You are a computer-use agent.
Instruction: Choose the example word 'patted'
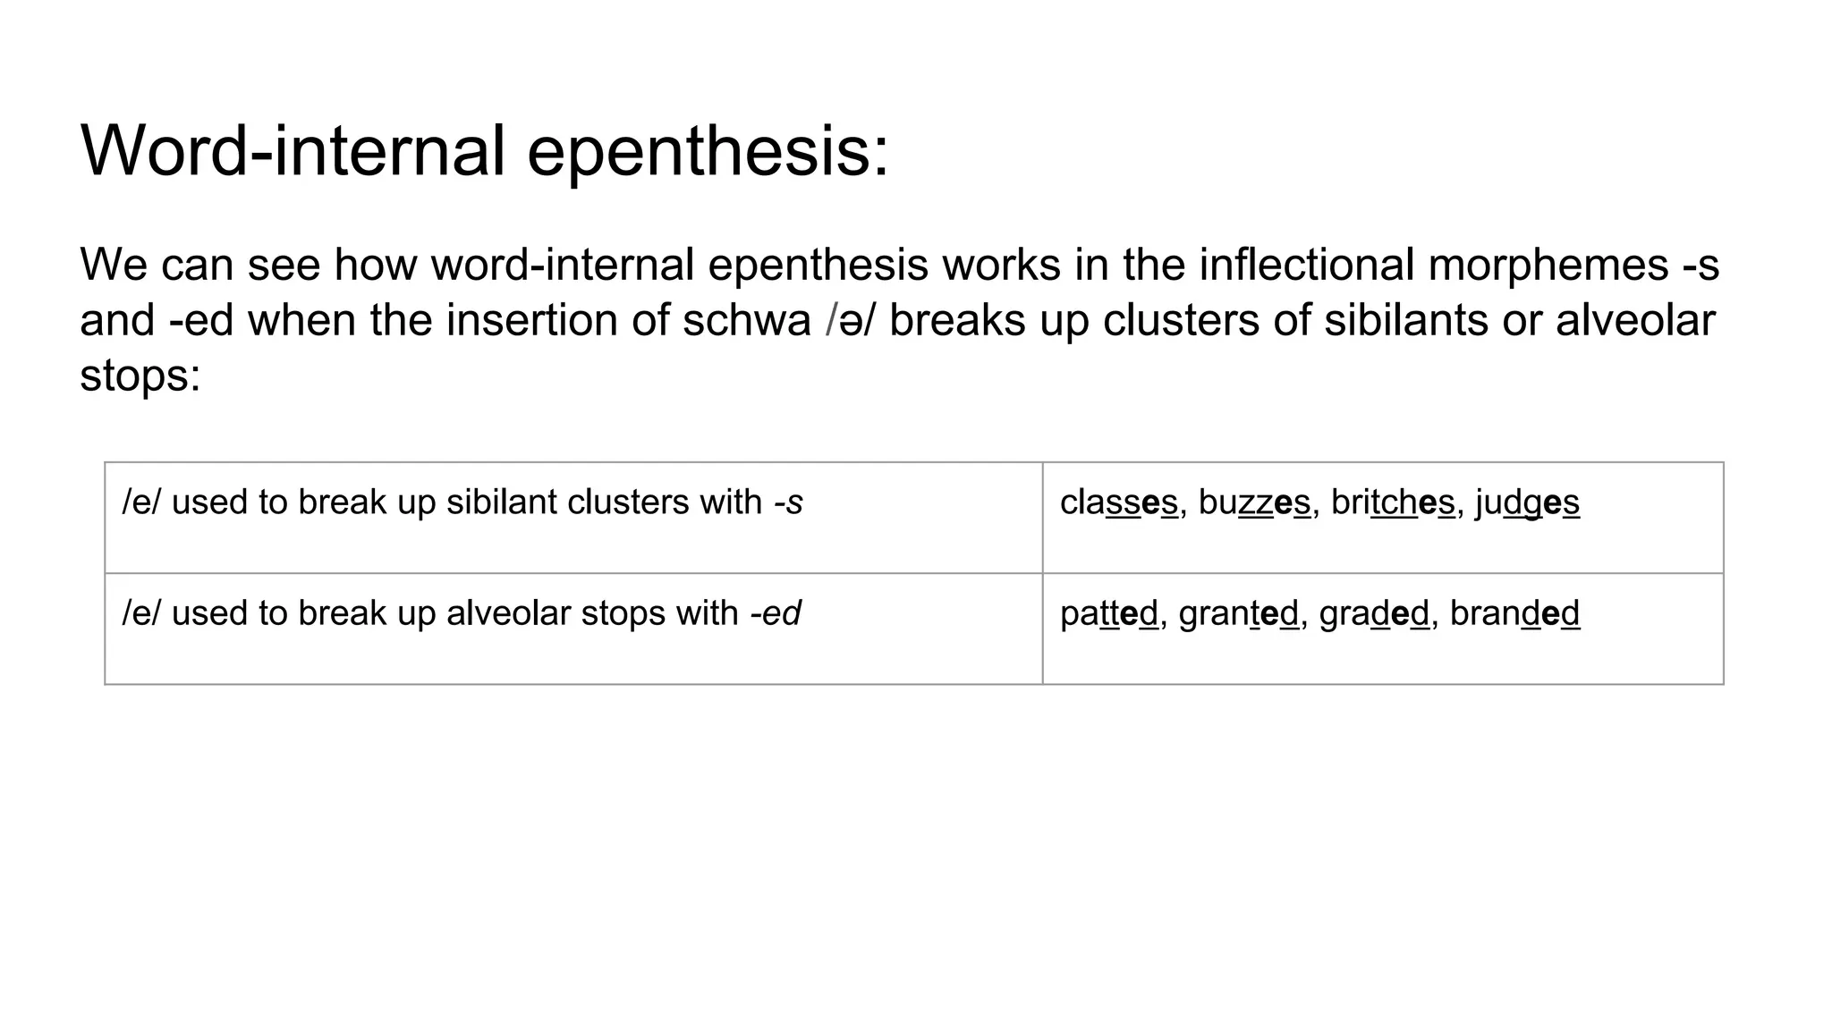[x=1108, y=614]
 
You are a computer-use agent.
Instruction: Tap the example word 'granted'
[x=1238, y=614]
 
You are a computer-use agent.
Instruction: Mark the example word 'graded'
[x=1374, y=614]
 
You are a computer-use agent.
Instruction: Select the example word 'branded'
[x=1514, y=614]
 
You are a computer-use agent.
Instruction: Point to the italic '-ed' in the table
[x=776, y=614]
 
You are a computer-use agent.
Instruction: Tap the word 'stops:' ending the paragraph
[x=140, y=376]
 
